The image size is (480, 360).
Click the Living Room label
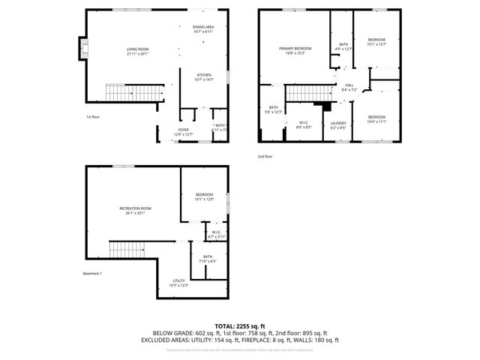tap(138, 52)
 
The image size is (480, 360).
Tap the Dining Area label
tap(203, 28)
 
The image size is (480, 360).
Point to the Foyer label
tap(183, 132)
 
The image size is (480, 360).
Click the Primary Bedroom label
tap(295, 50)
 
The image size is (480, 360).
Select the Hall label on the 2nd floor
tap(349, 87)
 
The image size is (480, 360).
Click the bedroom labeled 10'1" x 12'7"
tap(376, 41)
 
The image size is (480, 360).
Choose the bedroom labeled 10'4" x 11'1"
tap(376, 118)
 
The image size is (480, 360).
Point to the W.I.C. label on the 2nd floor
tap(304, 124)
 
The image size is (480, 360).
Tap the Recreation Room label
tap(136, 210)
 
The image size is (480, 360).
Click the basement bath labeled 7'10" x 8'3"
tap(207, 259)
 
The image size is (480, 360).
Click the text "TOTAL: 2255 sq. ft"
tap(240, 326)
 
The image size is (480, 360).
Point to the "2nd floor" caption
tap(265, 156)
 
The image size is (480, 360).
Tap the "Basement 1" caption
tap(93, 273)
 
